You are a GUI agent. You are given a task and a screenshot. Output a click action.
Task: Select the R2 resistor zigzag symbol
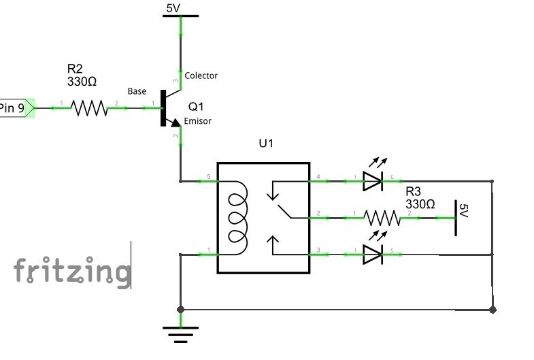point(89,108)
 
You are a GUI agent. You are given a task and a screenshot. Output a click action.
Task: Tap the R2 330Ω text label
point(82,76)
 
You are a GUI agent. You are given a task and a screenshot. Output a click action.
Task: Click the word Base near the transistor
point(137,91)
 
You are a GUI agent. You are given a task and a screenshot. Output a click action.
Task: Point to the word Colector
point(201,76)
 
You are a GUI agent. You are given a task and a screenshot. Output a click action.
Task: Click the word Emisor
point(197,121)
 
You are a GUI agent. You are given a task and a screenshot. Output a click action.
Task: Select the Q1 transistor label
point(196,107)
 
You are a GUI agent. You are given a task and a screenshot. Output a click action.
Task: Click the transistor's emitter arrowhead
point(176,122)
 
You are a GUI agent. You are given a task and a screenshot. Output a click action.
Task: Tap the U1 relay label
point(266,144)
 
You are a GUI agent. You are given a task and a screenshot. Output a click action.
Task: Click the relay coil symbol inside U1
point(237,218)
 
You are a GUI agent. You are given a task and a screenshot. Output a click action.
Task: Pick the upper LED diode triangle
point(373,181)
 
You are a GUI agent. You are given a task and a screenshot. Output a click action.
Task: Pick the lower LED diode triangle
point(373,255)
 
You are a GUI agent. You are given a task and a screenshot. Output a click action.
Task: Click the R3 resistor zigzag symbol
point(382,218)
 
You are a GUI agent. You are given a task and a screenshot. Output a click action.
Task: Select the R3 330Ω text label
point(420,198)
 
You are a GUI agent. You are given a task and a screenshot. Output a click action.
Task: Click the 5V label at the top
point(173,8)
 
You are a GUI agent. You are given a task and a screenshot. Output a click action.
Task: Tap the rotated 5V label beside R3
point(464,210)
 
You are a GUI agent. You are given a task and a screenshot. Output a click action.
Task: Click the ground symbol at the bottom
point(180,334)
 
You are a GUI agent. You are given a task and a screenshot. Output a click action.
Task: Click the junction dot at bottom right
point(493,310)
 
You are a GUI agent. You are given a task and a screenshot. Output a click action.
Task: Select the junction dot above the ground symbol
point(180,310)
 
